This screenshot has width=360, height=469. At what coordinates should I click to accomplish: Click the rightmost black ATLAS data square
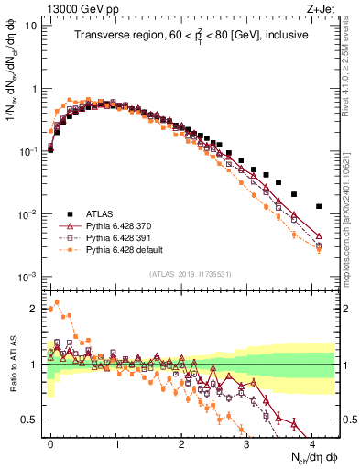pos(319,206)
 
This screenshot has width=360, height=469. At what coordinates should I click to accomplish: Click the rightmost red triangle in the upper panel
pos(319,235)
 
